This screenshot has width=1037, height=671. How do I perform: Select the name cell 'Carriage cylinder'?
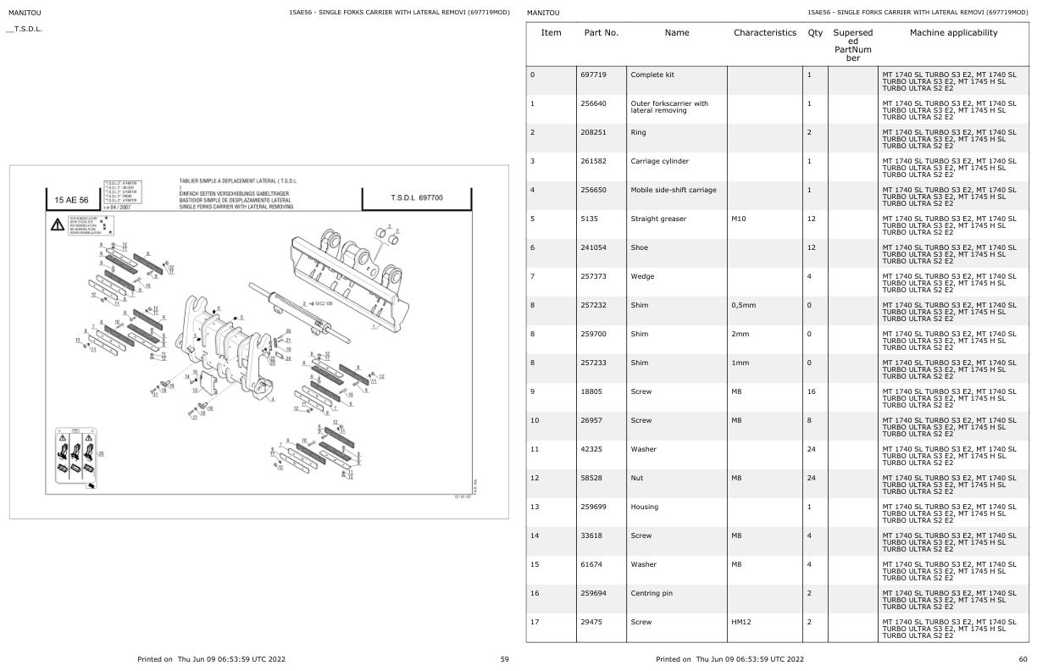click(660, 161)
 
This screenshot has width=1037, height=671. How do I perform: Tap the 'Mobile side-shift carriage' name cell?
click(674, 190)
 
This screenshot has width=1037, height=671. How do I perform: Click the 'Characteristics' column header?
click(765, 33)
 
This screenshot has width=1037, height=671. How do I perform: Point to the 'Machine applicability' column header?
click(953, 33)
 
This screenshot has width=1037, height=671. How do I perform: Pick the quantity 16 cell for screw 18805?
click(811, 391)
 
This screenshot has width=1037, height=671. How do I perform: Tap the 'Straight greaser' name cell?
click(658, 219)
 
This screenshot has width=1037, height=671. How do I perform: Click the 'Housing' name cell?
click(645, 507)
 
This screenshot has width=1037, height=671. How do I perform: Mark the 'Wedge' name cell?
click(642, 276)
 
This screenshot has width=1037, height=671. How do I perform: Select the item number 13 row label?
click(535, 507)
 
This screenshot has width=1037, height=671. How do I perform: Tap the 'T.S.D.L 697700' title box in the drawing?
click(415, 197)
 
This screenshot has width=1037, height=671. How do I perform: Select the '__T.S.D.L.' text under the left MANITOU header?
click(25, 30)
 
